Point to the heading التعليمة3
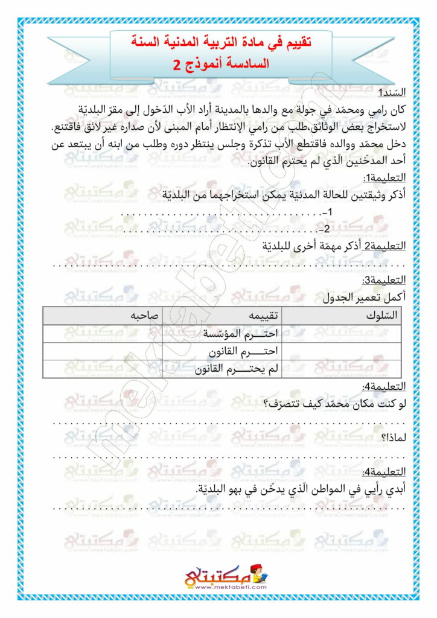(384, 281)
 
